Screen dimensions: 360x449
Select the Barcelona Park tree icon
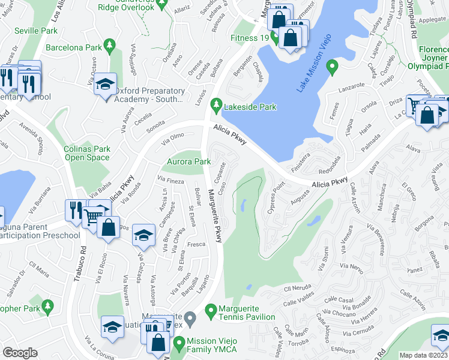pos(109,45)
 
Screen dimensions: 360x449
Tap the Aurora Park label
pos(188,161)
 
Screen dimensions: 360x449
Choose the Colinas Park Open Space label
pos(88,153)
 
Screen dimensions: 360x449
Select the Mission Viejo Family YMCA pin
pos(179,344)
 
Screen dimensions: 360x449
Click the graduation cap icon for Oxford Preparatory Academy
pos(106,86)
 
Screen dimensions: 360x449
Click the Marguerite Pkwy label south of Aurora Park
pos(215,217)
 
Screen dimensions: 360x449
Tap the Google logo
pos(20,353)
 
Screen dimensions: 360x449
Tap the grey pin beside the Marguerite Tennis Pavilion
pos(190,317)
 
